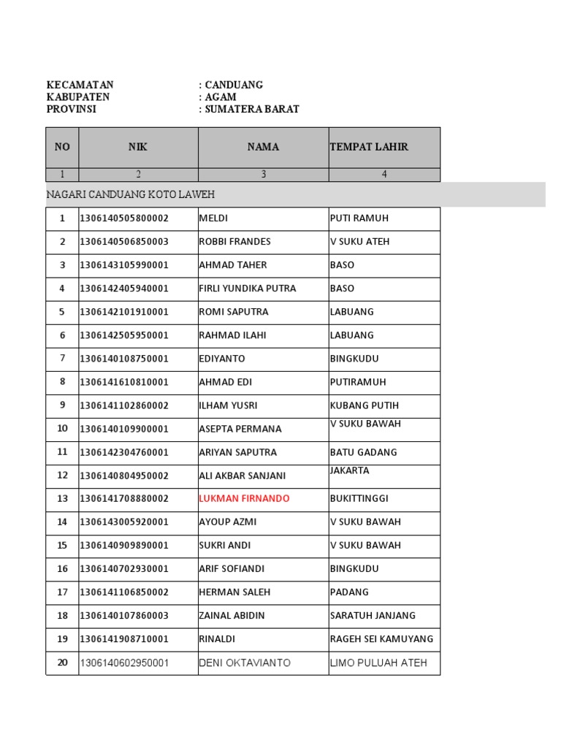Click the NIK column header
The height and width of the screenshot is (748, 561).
[x=138, y=147]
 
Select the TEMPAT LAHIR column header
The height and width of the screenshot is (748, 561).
[x=369, y=147]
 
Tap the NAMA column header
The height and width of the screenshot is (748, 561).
[x=263, y=147]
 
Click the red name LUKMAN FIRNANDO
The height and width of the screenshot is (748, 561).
[x=244, y=499]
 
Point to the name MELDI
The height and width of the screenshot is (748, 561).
[x=213, y=218]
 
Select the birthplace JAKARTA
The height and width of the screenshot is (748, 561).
[x=350, y=471]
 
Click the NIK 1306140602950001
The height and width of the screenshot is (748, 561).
[x=124, y=663]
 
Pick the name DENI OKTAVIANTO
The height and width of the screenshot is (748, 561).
[x=245, y=663]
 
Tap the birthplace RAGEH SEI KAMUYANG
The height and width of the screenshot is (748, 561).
[x=381, y=639]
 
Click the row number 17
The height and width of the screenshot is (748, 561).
[x=62, y=592]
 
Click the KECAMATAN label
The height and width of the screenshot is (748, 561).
[x=80, y=85]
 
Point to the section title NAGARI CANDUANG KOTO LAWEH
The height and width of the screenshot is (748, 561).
[x=131, y=195]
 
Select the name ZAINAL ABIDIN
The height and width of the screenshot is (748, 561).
[x=232, y=616]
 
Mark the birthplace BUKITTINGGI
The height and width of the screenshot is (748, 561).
[x=359, y=499]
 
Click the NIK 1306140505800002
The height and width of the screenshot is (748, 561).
[x=124, y=218]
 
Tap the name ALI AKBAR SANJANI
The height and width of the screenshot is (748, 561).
[x=243, y=476]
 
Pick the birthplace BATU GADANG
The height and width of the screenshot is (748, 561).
[x=364, y=452]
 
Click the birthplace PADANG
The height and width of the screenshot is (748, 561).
[x=349, y=592]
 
